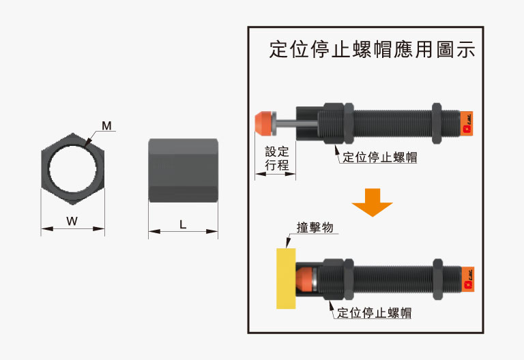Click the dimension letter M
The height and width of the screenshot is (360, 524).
[106, 126]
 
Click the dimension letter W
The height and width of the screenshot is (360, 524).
[72, 221]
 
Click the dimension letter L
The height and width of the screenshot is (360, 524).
[182, 224]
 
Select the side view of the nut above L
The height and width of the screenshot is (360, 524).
[183, 170]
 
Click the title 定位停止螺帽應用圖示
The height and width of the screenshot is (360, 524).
[372, 49]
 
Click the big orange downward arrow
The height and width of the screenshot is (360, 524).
[372, 202]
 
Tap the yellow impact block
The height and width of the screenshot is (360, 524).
[286, 278]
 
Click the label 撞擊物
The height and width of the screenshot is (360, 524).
[315, 228]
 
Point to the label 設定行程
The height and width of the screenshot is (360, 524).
[277, 158]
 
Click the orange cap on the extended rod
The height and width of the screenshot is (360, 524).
[263, 123]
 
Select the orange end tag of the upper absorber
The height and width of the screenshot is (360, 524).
[467, 123]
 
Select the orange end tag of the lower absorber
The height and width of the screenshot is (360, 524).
[467, 279]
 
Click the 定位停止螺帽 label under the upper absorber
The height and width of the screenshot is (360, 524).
[380, 157]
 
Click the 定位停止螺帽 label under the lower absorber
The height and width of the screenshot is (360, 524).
[375, 313]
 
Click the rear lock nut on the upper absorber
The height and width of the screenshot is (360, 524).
[437, 123]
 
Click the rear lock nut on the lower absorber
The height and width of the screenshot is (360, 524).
[438, 279]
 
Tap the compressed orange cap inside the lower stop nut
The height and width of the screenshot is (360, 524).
[304, 278]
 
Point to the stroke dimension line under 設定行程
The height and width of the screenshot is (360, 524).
[276, 174]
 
